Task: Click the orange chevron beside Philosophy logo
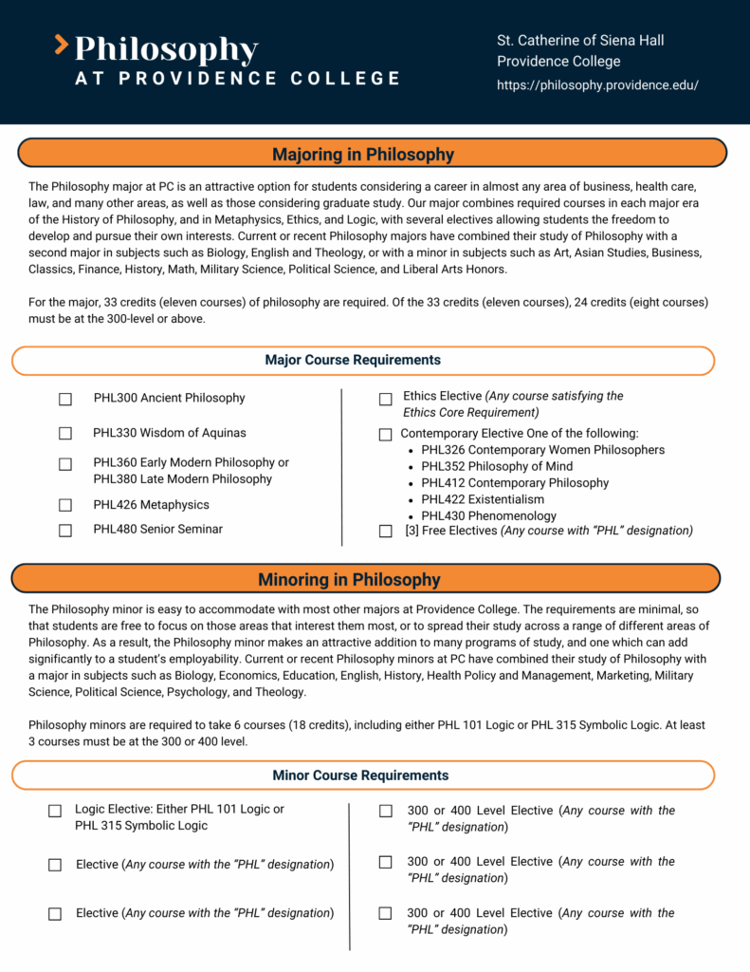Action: (x=62, y=44)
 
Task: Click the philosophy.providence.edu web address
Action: (x=597, y=85)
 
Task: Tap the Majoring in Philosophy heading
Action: (x=363, y=154)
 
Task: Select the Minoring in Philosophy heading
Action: (x=349, y=579)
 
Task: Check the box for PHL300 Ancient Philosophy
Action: (x=65, y=400)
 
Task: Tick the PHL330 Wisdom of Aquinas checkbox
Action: (x=65, y=434)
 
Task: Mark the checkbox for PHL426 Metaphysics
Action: (x=65, y=506)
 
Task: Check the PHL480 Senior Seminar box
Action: (x=65, y=531)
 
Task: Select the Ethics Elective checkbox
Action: (x=385, y=400)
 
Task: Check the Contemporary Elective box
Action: (x=385, y=435)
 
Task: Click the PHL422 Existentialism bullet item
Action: (x=483, y=499)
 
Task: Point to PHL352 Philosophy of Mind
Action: (x=497, y=466)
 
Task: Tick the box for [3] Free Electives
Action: (x=385, y=532)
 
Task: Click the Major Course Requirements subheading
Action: (x=353, y=361)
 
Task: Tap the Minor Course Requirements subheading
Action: (x=360, y=776)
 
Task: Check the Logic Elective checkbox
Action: (x=55, y=811)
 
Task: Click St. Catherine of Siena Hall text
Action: (x=580, y=40)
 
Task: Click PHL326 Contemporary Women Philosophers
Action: (x=542, y=450)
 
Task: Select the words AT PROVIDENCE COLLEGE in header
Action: (x=238, y=79)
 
